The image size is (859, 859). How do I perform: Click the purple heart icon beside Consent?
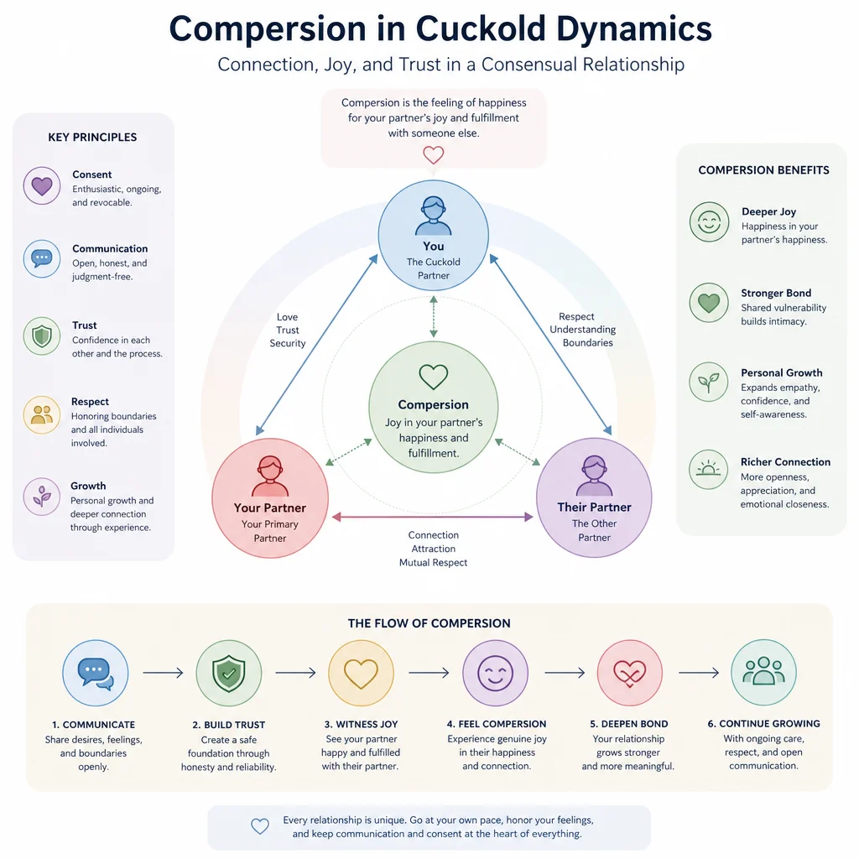(42, 185)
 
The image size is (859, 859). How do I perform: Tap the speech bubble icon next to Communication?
(42, 258)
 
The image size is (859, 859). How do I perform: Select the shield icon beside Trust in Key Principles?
(42, 336)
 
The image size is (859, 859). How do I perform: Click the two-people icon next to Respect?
(42, 414)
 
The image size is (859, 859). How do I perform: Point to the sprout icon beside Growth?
(42, 497)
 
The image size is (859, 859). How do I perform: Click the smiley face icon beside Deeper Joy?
(709, 221)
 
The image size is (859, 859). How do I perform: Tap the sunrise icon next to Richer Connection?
(708, 469)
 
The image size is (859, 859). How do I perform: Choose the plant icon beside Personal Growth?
(708, 382)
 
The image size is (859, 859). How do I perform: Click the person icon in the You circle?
(434, 216)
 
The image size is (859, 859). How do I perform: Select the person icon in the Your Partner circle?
(269, 476)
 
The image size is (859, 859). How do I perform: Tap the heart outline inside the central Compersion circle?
(434, 377)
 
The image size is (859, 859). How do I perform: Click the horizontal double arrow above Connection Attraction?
(433, 517)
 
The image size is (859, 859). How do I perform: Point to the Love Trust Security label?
(288, 330)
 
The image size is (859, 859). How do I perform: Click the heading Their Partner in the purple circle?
(595, 508)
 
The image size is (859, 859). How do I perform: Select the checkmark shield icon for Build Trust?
(229, 673)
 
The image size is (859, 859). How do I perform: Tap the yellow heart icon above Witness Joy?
(361, 674)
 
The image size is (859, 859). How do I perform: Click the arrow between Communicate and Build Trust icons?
(163, 672)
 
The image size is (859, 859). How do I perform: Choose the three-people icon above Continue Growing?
(763, 671)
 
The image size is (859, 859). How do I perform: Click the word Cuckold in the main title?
(481, 29)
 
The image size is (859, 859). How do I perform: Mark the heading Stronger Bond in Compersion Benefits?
(776, 293)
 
